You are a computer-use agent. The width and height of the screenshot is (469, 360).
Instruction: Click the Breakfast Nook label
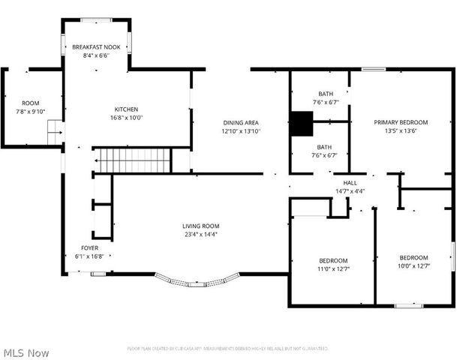tap(97, 47)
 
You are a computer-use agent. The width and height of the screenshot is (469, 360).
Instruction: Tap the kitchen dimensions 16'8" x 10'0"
tap(126, 118)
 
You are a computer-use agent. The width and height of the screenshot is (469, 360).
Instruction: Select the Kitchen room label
tap(126, 109)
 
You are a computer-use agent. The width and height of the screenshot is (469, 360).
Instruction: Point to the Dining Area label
tap(241, 122)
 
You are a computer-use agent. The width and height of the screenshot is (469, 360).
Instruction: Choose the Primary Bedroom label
tap(401, 122)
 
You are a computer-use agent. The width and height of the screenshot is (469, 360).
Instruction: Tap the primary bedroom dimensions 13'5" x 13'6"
tap(401, 130)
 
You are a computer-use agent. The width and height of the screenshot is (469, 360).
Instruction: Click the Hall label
tap(350, 183)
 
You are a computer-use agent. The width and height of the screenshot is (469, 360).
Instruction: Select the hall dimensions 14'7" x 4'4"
tap(350, 191)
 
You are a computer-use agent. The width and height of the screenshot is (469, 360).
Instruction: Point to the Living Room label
tap(200, 226)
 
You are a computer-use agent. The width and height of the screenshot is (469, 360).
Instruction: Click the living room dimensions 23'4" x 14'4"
tap(200, 234)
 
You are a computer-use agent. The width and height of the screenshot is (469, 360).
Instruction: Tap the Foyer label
tap(89, 247)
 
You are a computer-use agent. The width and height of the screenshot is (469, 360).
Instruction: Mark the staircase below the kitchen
tap(132, 160)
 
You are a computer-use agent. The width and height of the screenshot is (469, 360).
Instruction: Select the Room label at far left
tap(30, 103)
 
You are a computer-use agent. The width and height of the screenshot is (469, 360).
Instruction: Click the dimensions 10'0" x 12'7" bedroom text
tap(413, 265)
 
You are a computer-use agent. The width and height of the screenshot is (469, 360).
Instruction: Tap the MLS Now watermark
tap(26, 352)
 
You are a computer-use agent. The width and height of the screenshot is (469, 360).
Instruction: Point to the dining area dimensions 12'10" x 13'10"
tap(241, 130)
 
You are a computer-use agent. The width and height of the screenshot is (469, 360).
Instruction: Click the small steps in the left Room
tap(54, 136)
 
